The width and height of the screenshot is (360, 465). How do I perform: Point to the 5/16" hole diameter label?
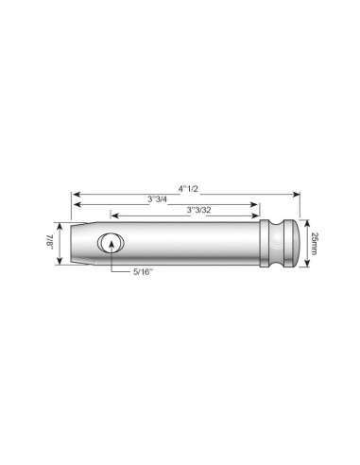pos(144,270)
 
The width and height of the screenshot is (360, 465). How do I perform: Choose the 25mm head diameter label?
pos(315,242)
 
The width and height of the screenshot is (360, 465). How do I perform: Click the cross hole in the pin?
pos(111,243)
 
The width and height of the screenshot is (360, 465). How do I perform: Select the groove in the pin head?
pos(281,242)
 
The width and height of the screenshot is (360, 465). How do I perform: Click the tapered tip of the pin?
pos(79,243)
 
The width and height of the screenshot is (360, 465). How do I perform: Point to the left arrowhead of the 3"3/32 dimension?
pos(113,215)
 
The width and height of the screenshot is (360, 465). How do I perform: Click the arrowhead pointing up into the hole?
pos(111,245)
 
